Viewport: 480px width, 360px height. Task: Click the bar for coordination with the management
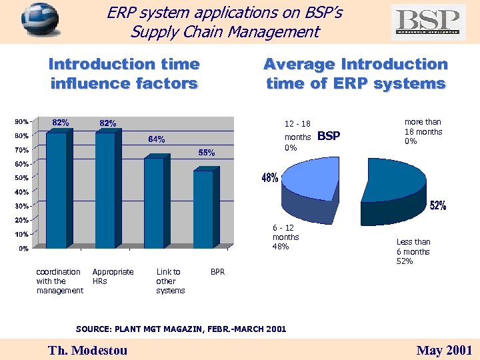click(57, 190)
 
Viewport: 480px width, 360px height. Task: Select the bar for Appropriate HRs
click(105, 190)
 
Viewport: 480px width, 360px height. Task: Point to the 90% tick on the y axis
click(22, 122)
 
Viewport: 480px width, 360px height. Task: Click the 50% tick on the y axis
click(22, 178)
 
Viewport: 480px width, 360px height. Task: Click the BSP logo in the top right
click(429, 22)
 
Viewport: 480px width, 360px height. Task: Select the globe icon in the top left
click(39, 21)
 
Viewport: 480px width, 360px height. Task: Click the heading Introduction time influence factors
click(124, 74)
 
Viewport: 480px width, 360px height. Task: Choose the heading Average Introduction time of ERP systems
click(355, 74)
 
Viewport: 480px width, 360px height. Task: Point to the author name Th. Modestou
click(87, 350)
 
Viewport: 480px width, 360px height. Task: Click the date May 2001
click(444, 350)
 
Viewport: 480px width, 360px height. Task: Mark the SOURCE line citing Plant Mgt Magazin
click(181, 329)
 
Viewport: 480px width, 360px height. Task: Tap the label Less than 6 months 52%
click(413, 251)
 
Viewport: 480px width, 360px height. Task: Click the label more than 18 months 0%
click(423, 131)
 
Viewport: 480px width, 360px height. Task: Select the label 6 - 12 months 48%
click(286, 237)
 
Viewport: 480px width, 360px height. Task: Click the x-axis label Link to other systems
click(170, 281)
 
